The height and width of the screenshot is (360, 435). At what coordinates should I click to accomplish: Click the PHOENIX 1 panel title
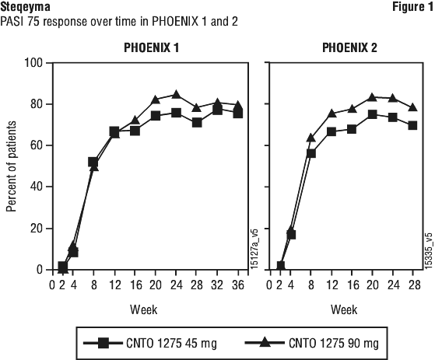point(152,48)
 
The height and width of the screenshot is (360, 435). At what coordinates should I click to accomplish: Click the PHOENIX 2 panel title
point(349,48)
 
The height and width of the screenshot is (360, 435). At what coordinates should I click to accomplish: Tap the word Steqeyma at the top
point(25,7)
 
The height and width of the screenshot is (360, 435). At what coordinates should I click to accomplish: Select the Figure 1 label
point(412,7)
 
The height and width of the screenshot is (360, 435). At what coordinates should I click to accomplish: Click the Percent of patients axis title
point(11,166)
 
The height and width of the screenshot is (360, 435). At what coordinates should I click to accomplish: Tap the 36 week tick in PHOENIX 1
point(238,285)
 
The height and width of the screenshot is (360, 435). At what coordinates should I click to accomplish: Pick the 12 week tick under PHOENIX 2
point(332,285)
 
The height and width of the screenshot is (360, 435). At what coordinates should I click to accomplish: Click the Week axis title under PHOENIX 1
point(144,309)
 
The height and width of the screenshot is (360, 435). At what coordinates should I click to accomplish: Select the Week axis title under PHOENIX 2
point(344,309)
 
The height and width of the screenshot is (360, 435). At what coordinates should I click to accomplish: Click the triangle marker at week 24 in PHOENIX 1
point(176,94)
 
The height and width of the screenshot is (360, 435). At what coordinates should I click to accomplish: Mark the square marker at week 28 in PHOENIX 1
point(197,122)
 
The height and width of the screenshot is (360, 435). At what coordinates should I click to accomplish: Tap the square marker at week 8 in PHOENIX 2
point(311,153)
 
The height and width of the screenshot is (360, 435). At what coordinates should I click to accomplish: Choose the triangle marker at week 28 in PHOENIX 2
point(412,107)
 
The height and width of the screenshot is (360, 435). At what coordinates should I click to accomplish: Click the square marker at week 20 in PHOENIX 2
point(372,114)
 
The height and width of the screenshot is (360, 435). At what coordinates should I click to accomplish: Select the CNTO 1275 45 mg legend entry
point(150,343)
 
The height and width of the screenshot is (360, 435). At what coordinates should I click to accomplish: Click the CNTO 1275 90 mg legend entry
point(312,343)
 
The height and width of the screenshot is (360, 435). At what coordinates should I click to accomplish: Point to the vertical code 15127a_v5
point(254,249)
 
